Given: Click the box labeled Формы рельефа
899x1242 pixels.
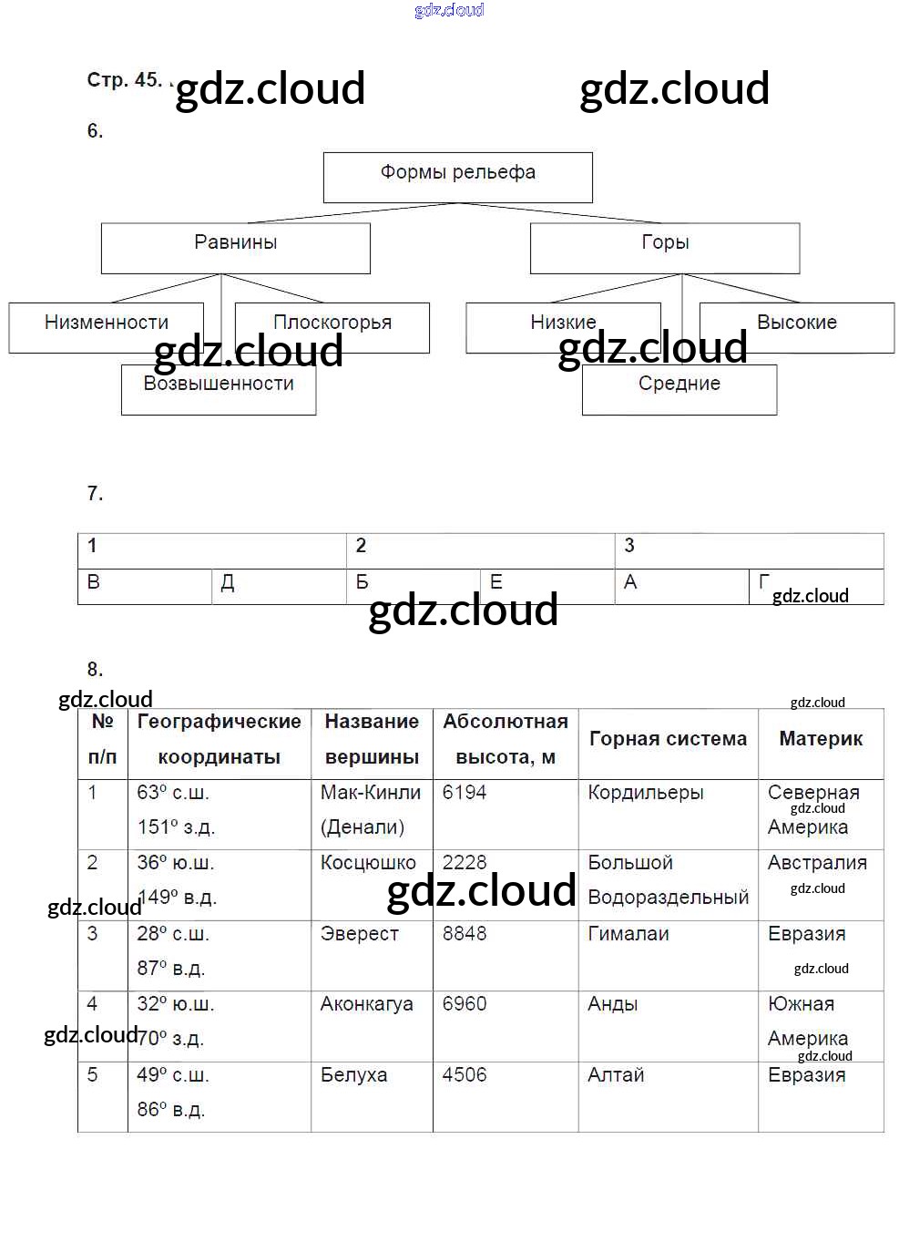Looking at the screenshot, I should pos(457,177).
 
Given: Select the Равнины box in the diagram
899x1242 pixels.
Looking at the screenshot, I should pos(235,247).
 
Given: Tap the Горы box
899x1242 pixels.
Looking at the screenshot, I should pos(665,247).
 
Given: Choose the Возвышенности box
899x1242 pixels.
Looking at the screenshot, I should pos(219,389).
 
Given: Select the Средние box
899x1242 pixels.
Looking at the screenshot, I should pos(679,389).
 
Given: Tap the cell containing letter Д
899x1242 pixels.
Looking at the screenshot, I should pos(278,586).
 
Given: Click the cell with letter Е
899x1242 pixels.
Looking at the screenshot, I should pos(547,586).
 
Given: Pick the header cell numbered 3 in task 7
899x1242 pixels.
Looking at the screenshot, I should pos(749,550).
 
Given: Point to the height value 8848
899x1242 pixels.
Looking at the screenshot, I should pos(465,934).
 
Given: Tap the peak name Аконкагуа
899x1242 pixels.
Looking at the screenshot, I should pos(367,1004).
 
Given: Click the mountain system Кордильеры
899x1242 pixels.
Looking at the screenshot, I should pos(646,793).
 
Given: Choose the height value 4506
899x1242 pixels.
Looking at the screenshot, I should pos(465,1075).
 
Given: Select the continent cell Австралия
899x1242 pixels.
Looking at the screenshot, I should pos(817,863).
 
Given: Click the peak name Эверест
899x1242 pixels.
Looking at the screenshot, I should pos(360,934).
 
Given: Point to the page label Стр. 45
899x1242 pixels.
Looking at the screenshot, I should pos(124,80).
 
